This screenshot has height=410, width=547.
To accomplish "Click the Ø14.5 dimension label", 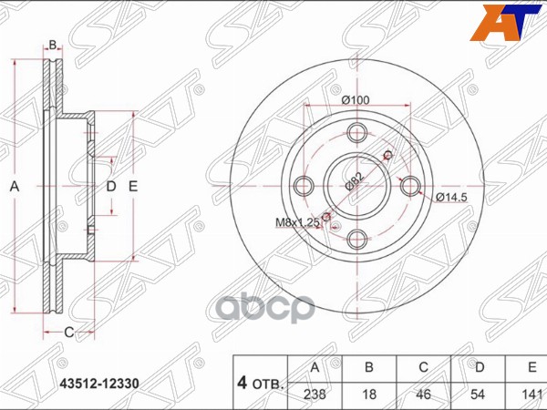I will [452, 198].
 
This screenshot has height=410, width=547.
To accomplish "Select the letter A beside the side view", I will [15, 187].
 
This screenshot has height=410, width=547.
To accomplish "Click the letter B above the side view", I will [53, 45].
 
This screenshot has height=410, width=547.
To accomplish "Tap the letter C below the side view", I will [67, 333].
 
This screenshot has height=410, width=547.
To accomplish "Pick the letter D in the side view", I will [111, 187].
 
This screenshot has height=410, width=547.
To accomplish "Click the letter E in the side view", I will [133, 187].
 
